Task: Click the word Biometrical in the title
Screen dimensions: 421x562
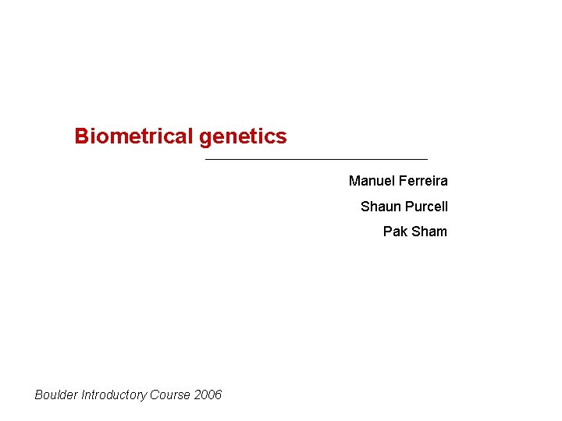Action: pyautogui.click(x=133, y=136)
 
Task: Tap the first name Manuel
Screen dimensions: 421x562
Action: pyautogui.click(x=372, y=181)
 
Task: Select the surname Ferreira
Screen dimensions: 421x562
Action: pyautogui.click(x=423, y=181)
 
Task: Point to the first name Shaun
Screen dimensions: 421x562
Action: pyautogui.click(x=378, y=207)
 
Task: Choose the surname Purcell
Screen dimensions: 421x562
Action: pyautogui.click(x=426, y=207)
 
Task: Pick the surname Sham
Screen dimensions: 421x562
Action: pyautogui.click(x=429, y=232)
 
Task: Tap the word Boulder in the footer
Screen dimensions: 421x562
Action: pyautogui.click(x=55, y=394)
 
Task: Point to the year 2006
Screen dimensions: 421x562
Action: pyautogui.click(x=208, y=394)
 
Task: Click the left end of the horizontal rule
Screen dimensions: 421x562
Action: pyautogui.click(x=205, y=160)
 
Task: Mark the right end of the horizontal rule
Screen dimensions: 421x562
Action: pyautogui.click(x=427, y=160)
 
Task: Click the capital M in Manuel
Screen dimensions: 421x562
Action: pyautogui.click(x=354, y=181)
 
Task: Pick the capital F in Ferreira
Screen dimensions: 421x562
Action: pyautogui.click(x=402, y=181)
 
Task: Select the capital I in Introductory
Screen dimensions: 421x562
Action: pyautogui.click(x=81, y=394)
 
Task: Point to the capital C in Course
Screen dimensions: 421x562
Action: pyautogui.click(x=155, y=394)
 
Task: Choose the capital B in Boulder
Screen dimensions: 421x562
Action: pyautogui.click(x=39, y=394)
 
